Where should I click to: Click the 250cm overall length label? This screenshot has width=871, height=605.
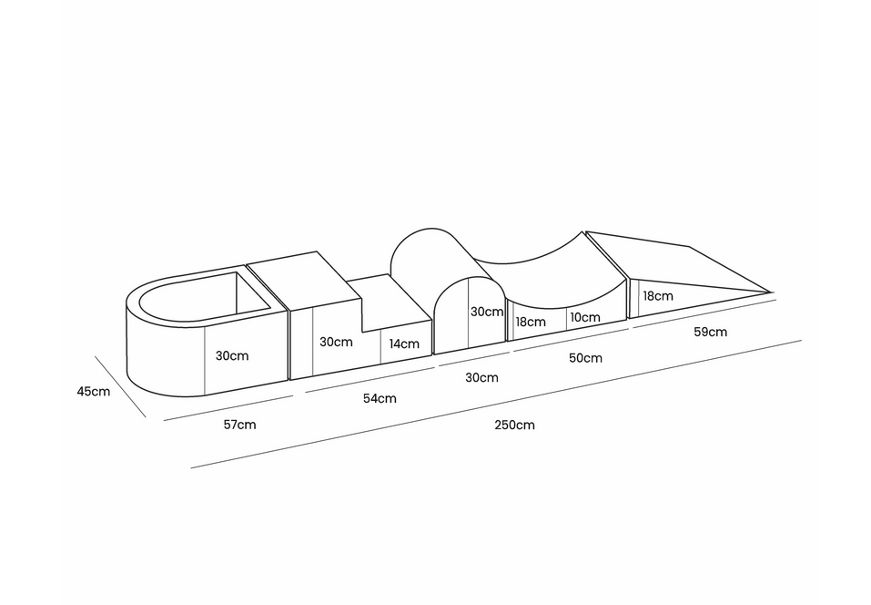pos(514,426)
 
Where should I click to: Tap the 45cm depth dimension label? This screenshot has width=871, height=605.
pos(94,392)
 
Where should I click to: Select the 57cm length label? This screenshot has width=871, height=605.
pos(239,425)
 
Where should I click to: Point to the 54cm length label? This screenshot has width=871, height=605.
pos(380,399)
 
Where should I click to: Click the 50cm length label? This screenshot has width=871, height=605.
pos(585,358)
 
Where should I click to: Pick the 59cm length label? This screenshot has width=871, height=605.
pos(710,332)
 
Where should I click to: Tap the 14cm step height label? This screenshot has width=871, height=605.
pos(404,344)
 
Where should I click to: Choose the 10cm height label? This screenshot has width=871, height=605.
pos(585,317)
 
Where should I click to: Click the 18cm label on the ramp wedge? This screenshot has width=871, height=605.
pos(658,296)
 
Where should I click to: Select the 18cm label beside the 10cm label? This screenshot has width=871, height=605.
pos(531,322)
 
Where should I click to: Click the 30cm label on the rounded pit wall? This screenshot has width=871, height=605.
pos(232,356)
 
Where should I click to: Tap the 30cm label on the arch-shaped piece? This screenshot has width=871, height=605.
pos(487,312)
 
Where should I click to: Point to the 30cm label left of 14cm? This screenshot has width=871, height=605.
pos(336,342)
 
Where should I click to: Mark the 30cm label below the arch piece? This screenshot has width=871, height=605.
pos(481,378)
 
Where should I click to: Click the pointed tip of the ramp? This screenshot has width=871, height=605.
pos(772,292)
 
